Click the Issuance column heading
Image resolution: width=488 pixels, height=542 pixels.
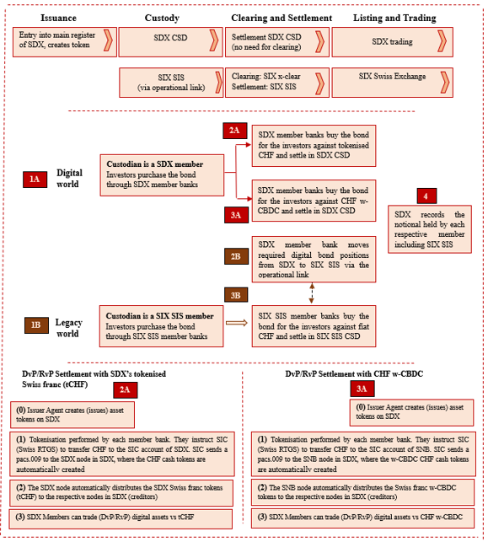coord(58,18)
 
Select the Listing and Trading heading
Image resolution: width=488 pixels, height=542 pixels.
coord(394,18)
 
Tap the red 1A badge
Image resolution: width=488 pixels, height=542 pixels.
coord(35,179)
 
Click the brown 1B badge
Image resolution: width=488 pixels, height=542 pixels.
coord(36,325)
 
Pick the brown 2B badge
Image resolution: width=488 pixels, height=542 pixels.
coord(236,256)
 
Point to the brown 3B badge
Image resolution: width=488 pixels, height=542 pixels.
coord(236,295)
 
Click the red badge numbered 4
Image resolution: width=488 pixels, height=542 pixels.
coord(426,196)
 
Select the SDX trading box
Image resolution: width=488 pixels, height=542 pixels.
coord(392,42)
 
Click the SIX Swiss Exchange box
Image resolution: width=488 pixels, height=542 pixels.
coord(392,83)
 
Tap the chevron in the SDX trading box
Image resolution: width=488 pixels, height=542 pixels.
coord(442,41)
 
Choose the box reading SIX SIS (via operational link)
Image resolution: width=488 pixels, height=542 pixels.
coord(171,83)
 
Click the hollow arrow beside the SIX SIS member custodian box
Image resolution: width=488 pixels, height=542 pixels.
coord(237,323)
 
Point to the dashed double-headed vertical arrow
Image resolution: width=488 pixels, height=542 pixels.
coord(312,293)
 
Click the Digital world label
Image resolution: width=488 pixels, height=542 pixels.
coord(69,179)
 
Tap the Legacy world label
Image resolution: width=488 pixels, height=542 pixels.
coord(68,328)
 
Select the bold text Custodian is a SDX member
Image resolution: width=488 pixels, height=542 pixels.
coord(154,164)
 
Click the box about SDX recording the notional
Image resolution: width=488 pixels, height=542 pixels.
coord(430,229)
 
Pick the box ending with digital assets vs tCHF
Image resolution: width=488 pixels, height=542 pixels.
coord(121,518)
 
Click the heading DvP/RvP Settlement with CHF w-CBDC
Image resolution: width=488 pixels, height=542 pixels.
coord(354,373)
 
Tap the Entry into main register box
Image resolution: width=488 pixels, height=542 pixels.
coord(65,42)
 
